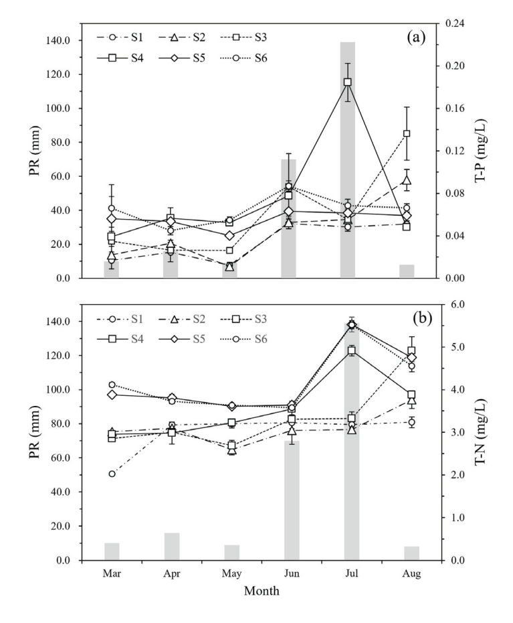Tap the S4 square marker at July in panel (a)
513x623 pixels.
coord(348,82)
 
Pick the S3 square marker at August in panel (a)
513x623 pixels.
coord(407,133)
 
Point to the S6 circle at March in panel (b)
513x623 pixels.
coord(112,385)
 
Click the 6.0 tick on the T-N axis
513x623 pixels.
coord(449,305)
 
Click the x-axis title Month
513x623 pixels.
coord(261,591)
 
